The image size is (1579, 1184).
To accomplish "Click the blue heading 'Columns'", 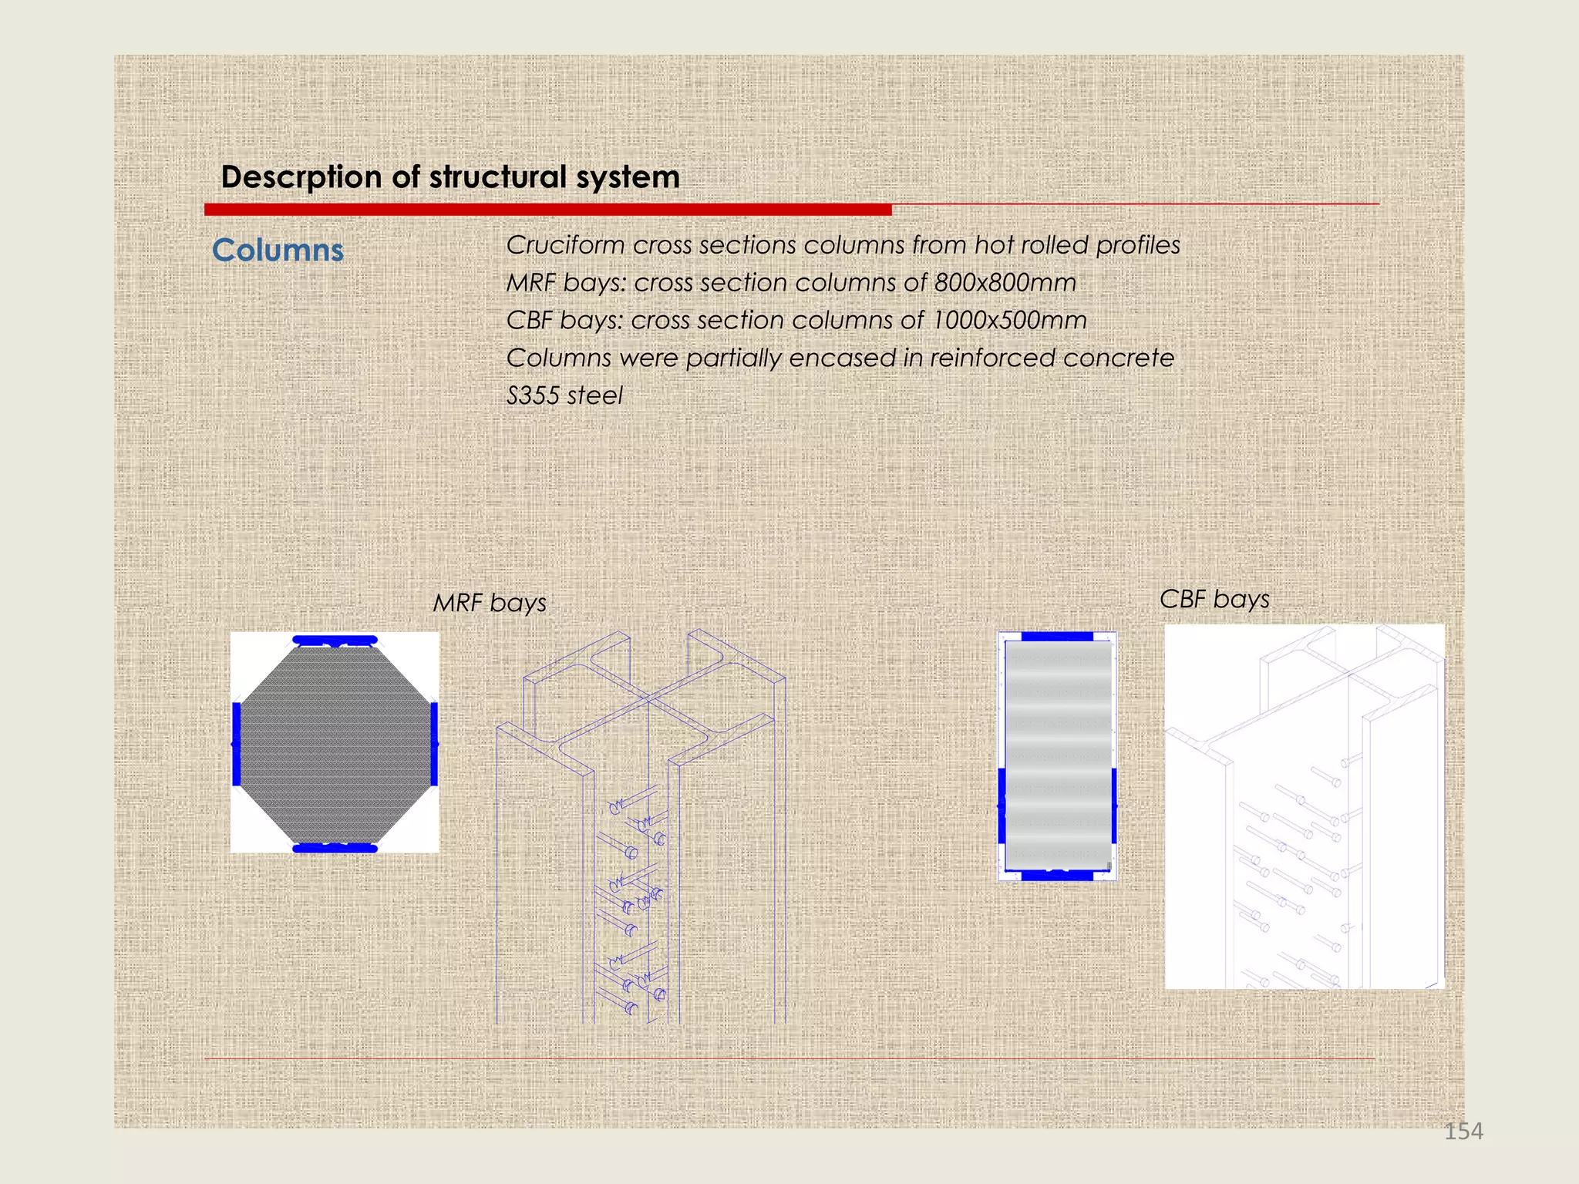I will [x=278, y=251].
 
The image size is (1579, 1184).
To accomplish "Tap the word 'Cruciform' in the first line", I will [x=565, y=245].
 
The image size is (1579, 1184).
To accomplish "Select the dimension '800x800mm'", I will [x=1005, y=283].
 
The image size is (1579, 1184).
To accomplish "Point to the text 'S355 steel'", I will [x=564, y=396].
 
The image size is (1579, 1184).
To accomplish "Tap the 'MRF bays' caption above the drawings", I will [x=490, y=603].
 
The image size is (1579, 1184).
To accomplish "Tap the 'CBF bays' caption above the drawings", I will [x=1214, y=599].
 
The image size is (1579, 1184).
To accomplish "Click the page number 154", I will [x=1463, y=1131].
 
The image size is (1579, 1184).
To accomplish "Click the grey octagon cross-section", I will [x=335, y=744].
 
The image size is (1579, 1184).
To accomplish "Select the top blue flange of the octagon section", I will [x=335, y=640].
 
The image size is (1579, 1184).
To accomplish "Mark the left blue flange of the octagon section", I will [x=237, y=744].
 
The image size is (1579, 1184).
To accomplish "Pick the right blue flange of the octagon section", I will [x=434, y=744].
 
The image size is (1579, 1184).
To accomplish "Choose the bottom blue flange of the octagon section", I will [x=335, y=848].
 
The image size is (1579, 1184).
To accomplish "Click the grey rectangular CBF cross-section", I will [x=1057, y=755].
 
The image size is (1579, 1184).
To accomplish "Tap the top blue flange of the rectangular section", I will [x=1057, y=637].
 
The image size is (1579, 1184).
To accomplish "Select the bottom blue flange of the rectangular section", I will [x=1057, y=875].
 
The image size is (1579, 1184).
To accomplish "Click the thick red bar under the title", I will [x=547, y=210].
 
